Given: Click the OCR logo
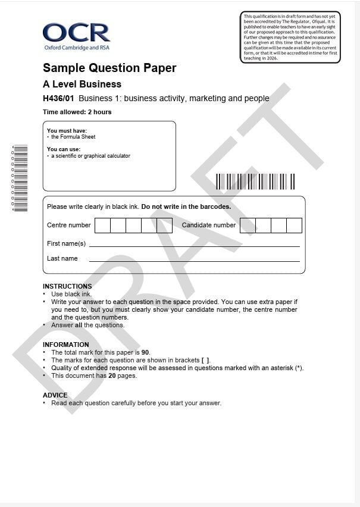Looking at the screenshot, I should [76, 36].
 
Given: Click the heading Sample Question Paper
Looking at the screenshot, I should [109, 68].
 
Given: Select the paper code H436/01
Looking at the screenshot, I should [58, 98].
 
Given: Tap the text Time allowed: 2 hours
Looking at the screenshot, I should [77, 112].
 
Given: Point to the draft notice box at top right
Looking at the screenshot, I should [290, 37].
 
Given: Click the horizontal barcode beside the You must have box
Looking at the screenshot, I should [255, 181].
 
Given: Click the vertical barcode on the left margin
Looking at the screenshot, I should [20, 179].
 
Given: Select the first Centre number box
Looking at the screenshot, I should [102, 226].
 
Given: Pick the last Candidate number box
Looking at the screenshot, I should [295, 226].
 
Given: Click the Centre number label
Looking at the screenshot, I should [69, 225].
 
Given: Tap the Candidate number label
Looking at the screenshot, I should [208, 225].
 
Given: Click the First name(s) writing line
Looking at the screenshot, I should [194, 246].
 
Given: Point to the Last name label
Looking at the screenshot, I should [62, 258].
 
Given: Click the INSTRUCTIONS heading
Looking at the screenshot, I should [67, 286].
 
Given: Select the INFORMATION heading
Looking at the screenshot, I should [65, 345].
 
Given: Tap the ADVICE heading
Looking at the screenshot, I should [55, 395].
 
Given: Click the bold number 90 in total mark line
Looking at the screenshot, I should [145, 352].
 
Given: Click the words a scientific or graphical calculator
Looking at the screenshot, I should [90, 156].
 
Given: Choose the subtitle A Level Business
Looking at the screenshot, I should [82, 84].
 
